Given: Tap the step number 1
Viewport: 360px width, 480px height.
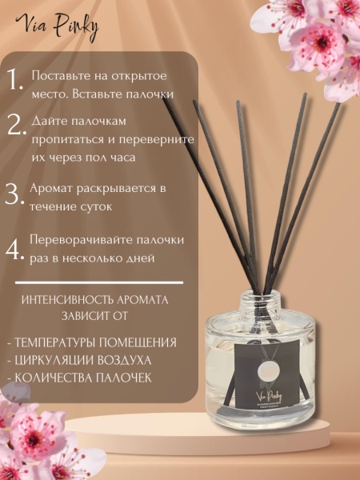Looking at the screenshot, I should (14, 78).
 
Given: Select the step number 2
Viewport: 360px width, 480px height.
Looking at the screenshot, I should (15, 126).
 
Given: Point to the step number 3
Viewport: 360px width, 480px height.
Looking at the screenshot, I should (14, 194).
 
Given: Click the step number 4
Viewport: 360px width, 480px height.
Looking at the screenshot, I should (15, 247).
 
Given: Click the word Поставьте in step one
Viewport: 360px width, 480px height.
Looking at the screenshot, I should (61, 76).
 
